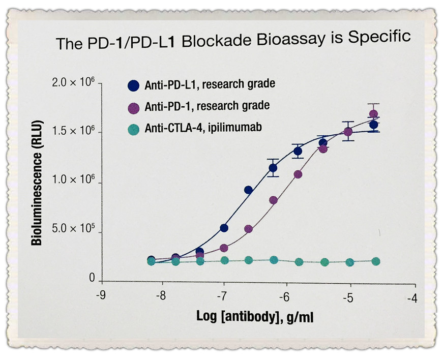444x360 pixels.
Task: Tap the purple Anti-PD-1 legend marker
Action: coord(134,107)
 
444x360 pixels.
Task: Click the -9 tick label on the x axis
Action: coord(100,295)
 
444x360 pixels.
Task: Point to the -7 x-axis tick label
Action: coord(222,295)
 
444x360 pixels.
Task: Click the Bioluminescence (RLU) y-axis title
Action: coord(36,183)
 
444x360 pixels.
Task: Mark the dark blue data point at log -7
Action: coord(224,227)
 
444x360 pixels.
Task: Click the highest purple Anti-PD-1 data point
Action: coord(374,114)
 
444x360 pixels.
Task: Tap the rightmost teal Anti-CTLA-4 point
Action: coord(376,261)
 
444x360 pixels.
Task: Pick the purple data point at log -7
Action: coord(224,248)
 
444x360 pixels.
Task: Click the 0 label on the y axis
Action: coord(92,279)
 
